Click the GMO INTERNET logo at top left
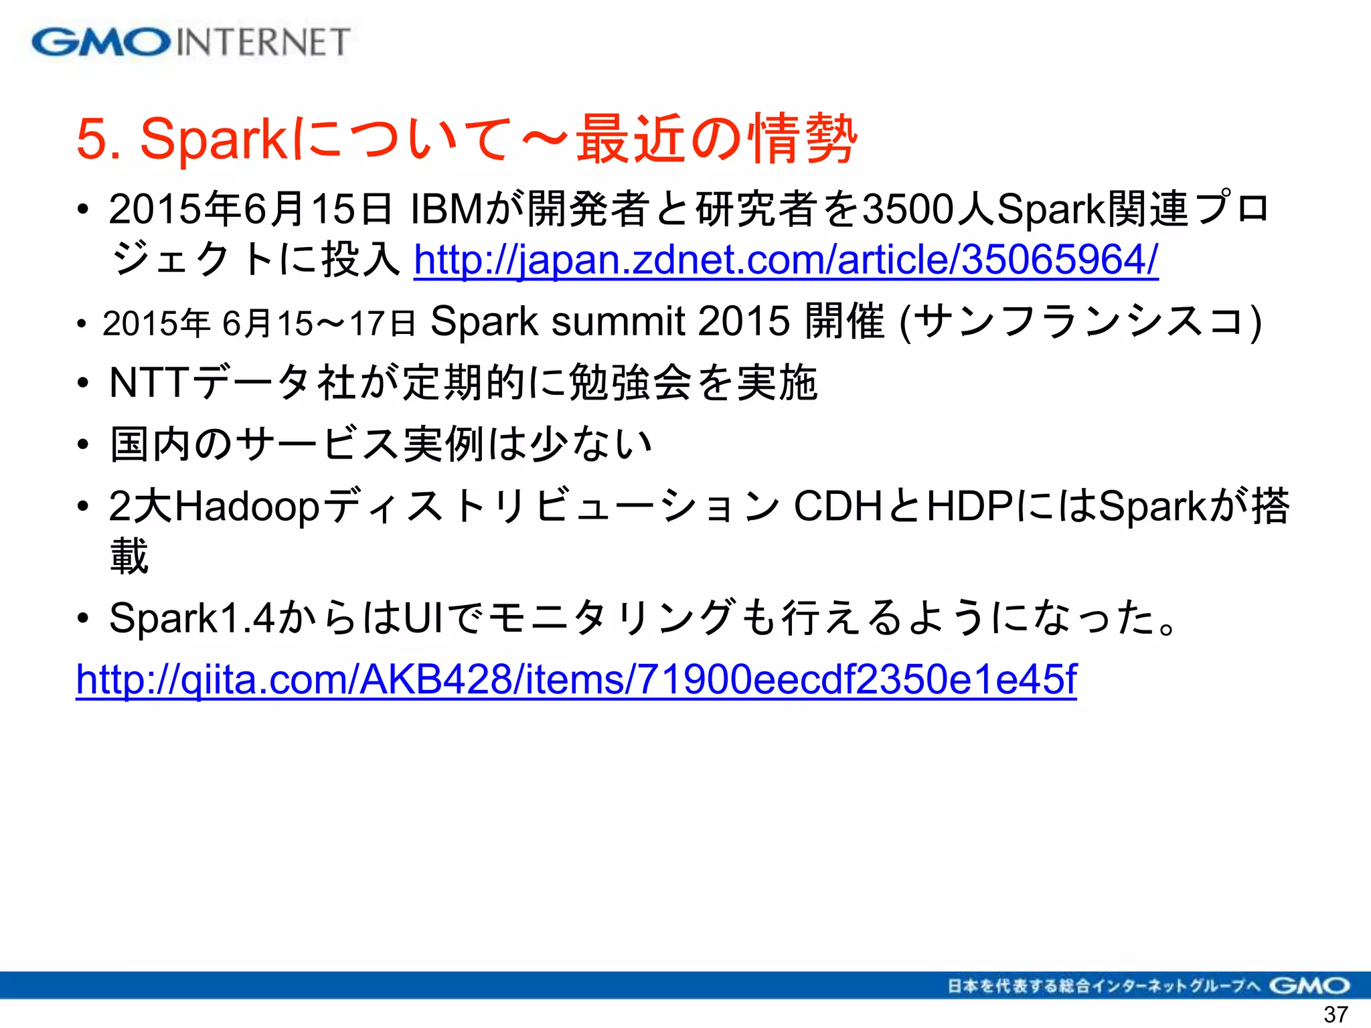pyautogui.click(x=191, y=42)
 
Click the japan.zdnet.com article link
pyautogui.click(x=786, y=260)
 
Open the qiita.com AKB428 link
pyautogui.click(x=576, y=679)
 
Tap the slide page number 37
pyautogui.click(x=1336, y=1014)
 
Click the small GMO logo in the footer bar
pyautogui.click(x=1309, y=986)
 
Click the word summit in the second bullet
pyautogui.click(x=617, y=321)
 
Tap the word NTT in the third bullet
pyautogui.click(x=149, y=383)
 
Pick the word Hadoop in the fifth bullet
pyautogui.click(x=247, y=507)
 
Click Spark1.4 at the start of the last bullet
pyautogui.click(x=191, y=617)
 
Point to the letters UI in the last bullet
pyautogui.click(x=422, y=617)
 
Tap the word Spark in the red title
pyautogui.click(x=214, y=139)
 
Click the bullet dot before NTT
pyautogui.click(x=83, y=383)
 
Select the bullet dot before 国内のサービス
pyautogui.click(x=83, y=444)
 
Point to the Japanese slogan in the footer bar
pyautogui.click(x=1104, y=986)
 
